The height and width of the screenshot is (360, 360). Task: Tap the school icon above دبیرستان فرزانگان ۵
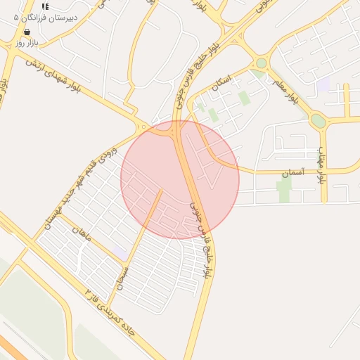46,6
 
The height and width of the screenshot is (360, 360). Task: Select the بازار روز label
26,44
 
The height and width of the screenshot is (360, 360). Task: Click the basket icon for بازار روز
26,32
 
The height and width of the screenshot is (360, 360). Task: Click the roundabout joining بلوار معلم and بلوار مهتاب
319,121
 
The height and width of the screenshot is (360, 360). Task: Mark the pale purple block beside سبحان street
120,252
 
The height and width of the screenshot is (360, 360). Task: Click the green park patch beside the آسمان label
284,188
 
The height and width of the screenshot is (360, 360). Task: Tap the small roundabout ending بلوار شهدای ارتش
144,127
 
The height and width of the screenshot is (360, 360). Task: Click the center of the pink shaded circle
180,180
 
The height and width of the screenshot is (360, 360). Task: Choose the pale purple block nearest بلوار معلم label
323,84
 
